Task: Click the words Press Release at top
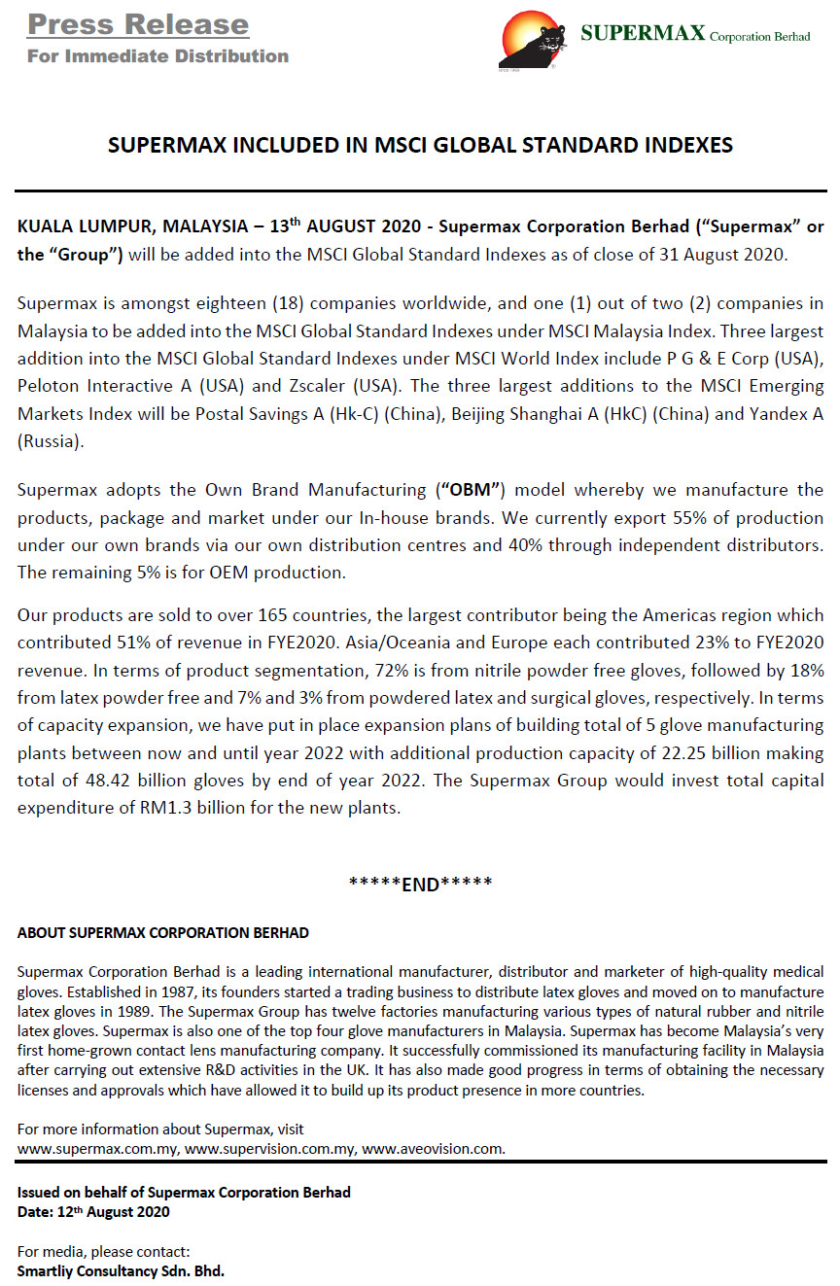[x=138, y=24]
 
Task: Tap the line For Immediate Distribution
[x=157, y=55]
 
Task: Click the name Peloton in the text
[x=49, y=359]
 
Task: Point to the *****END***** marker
[x=420, y=884]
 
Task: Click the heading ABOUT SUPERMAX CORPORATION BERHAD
[x=163, y=933]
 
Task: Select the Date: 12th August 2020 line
[x=93, y=1212]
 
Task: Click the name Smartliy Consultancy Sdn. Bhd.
[x=121, y=1270]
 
